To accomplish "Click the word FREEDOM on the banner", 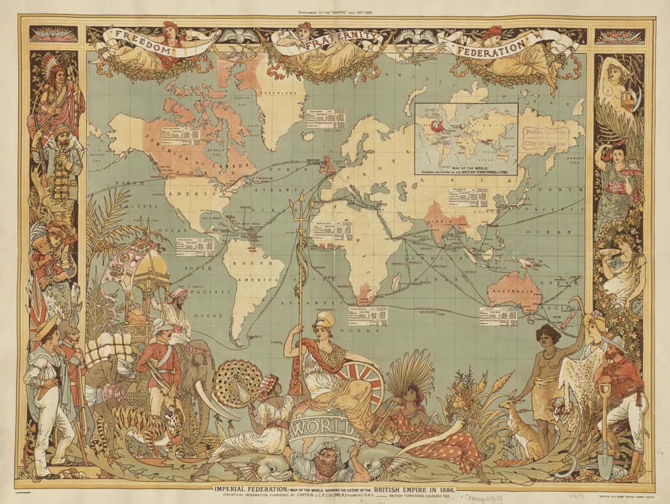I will click(143, 43).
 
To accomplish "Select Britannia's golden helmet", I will click(325, 320).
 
